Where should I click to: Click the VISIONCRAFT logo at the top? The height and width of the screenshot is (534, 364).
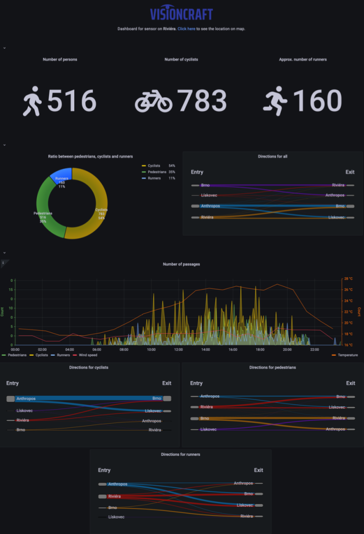pyautogui.click(x=181, y=13)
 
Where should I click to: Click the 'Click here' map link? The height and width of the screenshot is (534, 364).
pyautogui.click(x=186, y=29)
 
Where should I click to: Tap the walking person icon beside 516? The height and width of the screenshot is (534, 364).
pyautogui.click(x=32, y=101)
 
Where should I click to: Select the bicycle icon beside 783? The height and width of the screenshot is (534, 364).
pyautogui.click(x=153, y=101)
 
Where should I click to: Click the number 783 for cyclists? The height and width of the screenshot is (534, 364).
pyautogui.click(x=202, y=101)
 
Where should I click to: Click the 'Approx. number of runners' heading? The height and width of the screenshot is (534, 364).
pyautogui.click(x=303, y=59)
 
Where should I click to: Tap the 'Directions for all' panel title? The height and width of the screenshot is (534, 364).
pyautogui.click(x=273, y=156)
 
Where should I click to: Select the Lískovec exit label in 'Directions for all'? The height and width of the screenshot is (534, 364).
pyautogui.click(x=336, y=217)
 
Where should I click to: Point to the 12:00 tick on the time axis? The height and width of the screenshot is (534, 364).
pyautogui.click(x=178, y=350)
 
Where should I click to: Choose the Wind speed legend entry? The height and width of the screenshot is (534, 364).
pyautogui.click(x=88, y=355)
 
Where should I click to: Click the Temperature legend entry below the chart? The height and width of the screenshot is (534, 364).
pyautogui.click(x=346, y=355)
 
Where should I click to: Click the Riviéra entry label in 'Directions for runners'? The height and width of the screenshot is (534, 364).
pyautogui.click(x=114, y=496)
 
